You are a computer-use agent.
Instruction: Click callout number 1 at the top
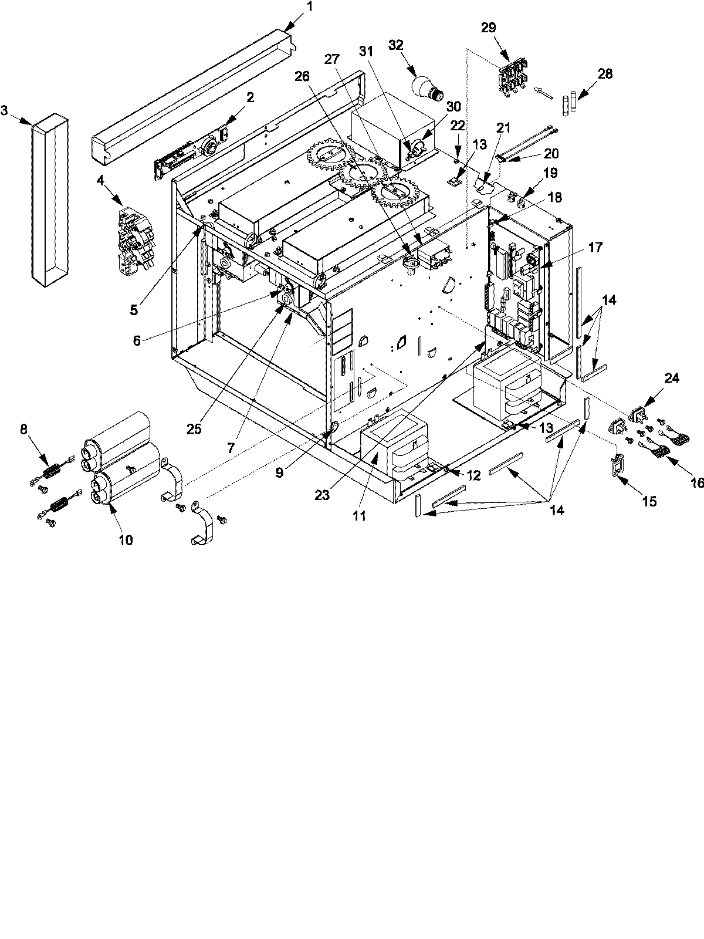tap(310, 8)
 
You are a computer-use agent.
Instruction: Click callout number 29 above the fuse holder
tap(489, 27)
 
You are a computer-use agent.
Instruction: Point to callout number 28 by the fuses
tap(605, 73)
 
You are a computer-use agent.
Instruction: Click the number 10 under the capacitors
tap(126, 540)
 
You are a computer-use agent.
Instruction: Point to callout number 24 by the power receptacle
tap(672, 379)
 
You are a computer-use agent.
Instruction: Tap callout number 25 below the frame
tap(194, 428)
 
